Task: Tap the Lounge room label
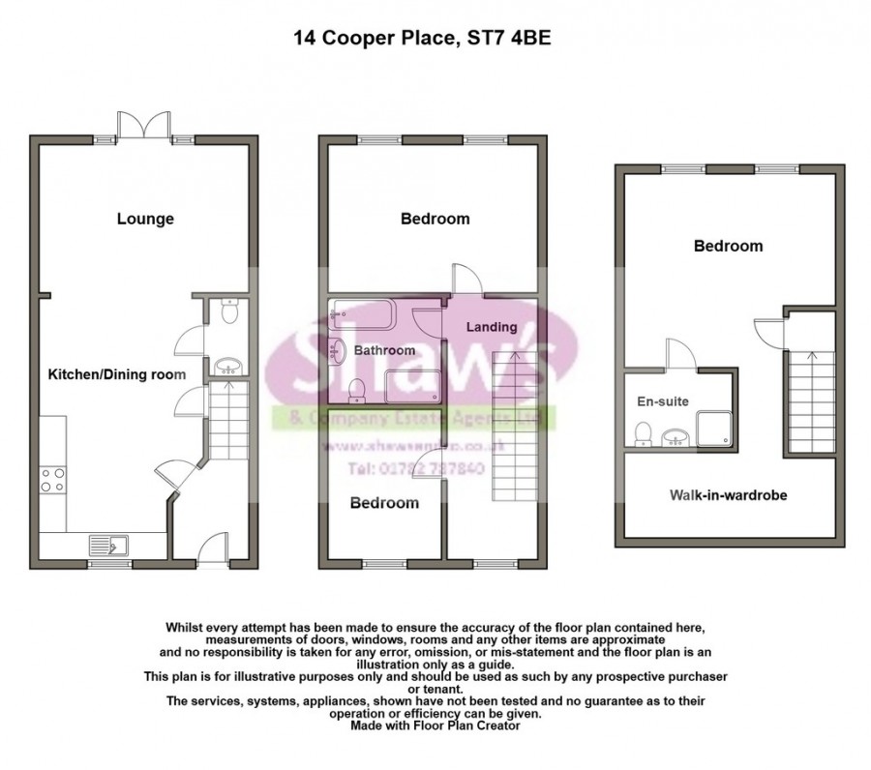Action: (x=145, y=219)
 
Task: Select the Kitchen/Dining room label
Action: (x=117, y=372)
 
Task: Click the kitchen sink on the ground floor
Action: (x=108, y=547)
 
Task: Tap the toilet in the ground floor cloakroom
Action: (x=228, y=312)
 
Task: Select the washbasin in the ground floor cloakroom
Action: (x=228, y=366)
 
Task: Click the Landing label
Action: (x=491, y=327)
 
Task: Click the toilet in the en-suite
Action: (x=642, y=434)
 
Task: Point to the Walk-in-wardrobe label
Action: (x=728, y=495)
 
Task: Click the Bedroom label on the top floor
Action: (x=728, y=246)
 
